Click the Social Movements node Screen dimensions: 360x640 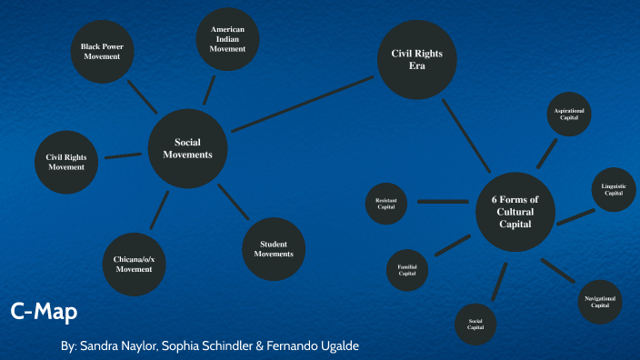(x=187, y=148)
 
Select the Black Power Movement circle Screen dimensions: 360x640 (x=102, y=51)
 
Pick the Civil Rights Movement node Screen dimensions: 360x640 (x=65, y=162)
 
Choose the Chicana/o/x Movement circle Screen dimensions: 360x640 (x=135, y=265)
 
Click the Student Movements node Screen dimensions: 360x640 (x=274, y=249)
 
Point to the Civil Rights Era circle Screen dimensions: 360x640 (x=416, y=59)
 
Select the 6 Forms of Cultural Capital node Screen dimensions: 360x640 (x=515, y=212)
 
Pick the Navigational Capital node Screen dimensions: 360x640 (x=600, y=302)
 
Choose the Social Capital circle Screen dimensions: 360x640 (x=475, y=324)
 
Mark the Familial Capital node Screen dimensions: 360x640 (x=407, y=269)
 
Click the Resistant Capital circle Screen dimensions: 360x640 (x=385, y=204)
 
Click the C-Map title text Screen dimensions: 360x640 (x=44, y=312)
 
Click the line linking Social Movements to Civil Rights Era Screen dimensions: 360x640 (x=304, y=105)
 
